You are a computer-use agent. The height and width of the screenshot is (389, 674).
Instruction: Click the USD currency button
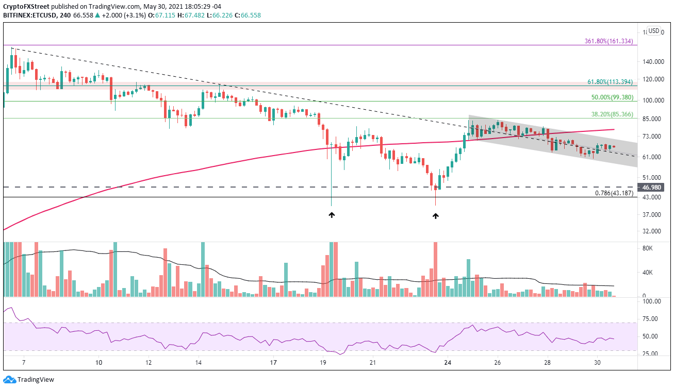(653, 31)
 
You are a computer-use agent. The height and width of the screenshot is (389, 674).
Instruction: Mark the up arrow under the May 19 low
(332, 215)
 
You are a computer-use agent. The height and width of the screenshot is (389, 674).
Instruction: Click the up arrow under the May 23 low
(435, 216)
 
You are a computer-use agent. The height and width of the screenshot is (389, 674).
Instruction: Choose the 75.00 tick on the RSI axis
(651, 319)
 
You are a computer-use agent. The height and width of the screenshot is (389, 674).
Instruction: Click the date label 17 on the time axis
(273, 363)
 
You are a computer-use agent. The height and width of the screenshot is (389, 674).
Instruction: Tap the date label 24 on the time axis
(448, 363)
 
